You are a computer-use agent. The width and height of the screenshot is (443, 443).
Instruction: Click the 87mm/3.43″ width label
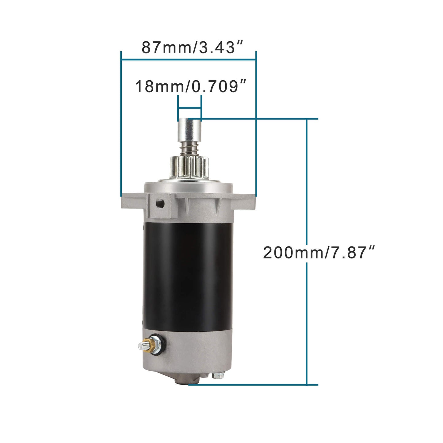tap(192, 48)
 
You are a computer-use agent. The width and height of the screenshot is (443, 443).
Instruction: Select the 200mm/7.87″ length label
tap(319, 253)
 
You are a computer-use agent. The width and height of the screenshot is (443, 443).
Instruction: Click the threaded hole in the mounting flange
tap(160, 203)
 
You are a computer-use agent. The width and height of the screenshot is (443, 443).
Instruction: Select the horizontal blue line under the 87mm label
tap(189, 60)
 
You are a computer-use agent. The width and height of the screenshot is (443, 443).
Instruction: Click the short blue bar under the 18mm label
tap(189, 108)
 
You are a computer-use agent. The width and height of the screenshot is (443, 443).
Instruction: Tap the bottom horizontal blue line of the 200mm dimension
tap(251, 384)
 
